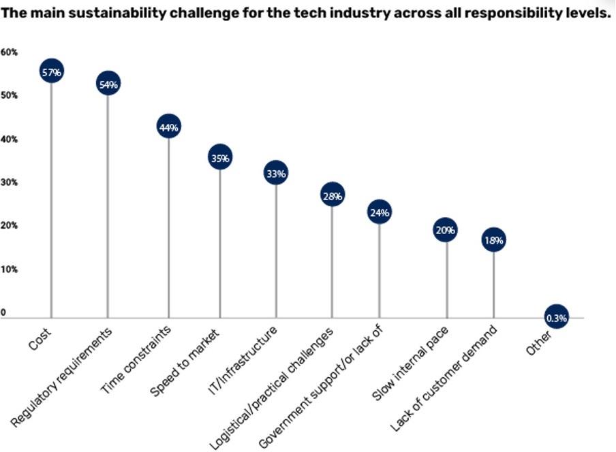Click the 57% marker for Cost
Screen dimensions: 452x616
(x=51, y=71)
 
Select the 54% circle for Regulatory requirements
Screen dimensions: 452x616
(x=108, y=84)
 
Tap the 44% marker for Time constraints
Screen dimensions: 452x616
(x=168, y=127)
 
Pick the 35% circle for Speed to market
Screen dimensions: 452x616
(x=220, y=158)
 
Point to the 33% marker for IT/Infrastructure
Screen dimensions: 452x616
(x=276, y=174)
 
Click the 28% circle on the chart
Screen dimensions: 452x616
(x=333, y=196)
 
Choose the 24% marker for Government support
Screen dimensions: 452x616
(x=380, y=212)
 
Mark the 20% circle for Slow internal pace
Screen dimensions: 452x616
(x=446, y=230)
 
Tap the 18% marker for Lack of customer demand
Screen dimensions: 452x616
(x=493, y=240)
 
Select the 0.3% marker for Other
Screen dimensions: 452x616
(x=556, y=317)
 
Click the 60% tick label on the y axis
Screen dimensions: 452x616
(x=9, y=52)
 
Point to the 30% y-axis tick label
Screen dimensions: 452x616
(x=9, y=182)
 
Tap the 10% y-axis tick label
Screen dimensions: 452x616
(x=9, y=270)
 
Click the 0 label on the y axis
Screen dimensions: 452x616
(x=3, y=313)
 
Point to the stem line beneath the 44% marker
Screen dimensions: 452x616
(x=168, y=225)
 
